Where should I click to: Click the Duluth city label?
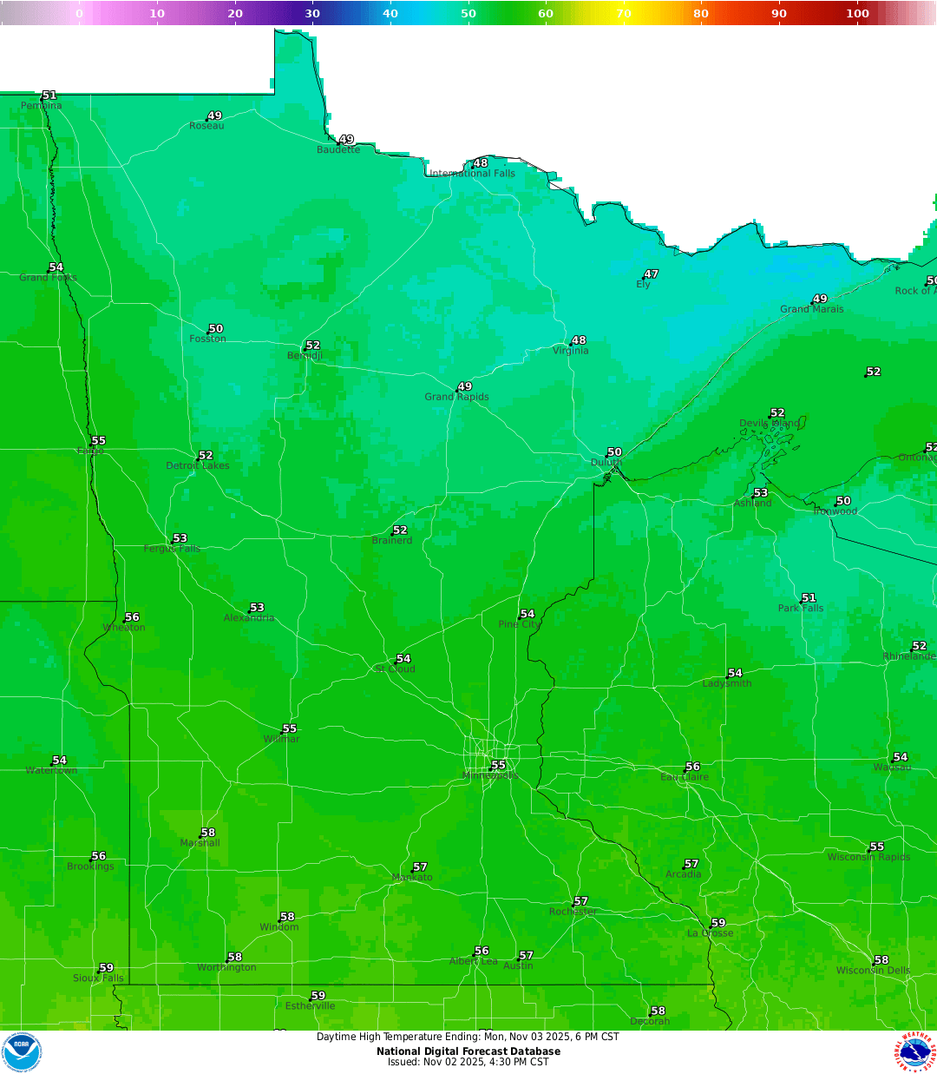coord(606,463)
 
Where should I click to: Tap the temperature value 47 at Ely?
coord(652,274)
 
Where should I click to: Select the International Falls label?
coord(473,174)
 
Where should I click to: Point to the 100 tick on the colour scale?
coord(857,13)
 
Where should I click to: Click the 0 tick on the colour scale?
coord(80,13)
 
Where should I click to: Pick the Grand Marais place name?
coord(811,309)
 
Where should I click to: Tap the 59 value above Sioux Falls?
coord(107,968)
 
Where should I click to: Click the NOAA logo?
coord(22,1052)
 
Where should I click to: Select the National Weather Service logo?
coord(915,1052)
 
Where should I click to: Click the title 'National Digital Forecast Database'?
coord(468,1051)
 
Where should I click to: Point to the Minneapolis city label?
coord(491,776)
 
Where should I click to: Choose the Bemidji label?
coord(305,356)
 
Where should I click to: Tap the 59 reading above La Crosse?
coord(718,923)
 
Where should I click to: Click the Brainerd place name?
coord(392,541)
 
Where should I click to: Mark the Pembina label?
coord(42,106)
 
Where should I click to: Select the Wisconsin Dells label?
coord(873,971)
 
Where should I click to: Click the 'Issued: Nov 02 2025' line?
coord(468,1062)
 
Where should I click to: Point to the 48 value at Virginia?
coord(580,340)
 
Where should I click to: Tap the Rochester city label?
coord(573,912)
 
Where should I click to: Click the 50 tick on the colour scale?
coord(468,13)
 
